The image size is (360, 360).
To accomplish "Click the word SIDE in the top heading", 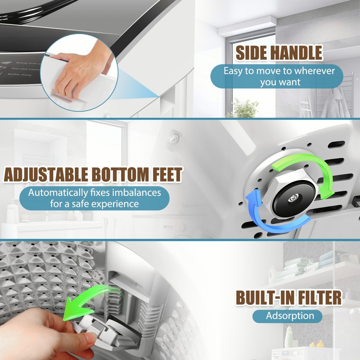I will click(x=251, y=53).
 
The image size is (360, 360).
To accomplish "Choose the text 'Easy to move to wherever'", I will click(x=279, y=71).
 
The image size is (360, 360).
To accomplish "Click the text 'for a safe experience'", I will click(x=94, y=204).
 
